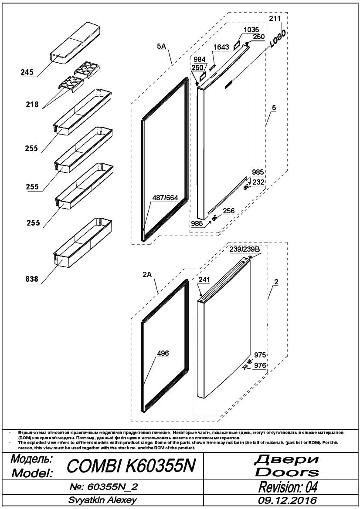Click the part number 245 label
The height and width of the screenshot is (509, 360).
coord(27,72)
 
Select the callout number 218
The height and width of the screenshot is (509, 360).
coord(32,104)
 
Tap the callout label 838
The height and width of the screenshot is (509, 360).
coord(31,279)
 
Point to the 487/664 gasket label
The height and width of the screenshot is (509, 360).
coord(165,198)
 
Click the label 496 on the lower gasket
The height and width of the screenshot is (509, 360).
coord(163,353)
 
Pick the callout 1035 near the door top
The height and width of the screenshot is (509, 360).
coord(251,30)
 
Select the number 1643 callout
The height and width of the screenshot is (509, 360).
coord(221,47)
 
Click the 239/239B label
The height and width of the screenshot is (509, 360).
coord(245,249)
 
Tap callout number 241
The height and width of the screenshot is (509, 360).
coord(204,280)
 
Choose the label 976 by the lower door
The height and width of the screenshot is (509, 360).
coord(260,365)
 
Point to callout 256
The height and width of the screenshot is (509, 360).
coord(229,211)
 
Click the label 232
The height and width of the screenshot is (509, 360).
coord(258,182)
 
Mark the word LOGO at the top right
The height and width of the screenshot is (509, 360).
coord(278,39)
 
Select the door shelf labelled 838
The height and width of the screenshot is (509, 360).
coord(82,243)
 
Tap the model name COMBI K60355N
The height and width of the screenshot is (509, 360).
coord(131,466)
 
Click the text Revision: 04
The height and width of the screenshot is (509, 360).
coord(288,487)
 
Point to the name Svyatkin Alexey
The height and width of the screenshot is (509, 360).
coord(102,500)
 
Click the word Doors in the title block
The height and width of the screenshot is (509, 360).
coord(287,472)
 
